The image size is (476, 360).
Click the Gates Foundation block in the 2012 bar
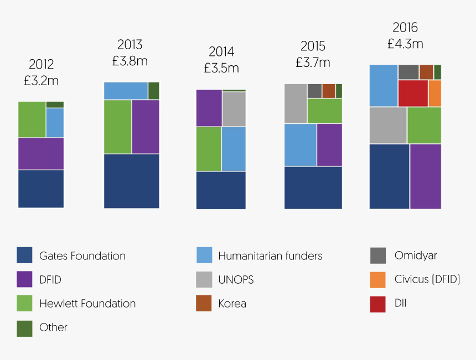tap(41, 189)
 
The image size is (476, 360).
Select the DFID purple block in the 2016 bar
tap(426, 176)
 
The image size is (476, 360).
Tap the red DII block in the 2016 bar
tap(413, 93)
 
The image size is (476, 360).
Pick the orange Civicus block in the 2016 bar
tap(435, 93)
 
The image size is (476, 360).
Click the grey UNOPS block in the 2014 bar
tap(234, 109)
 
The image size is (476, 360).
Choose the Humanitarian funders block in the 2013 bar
tap(126, 91)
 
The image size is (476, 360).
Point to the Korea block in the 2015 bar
tap(329, 91)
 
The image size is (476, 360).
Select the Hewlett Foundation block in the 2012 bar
tap(32, 119)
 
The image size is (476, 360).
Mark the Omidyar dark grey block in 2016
tap(408, 72)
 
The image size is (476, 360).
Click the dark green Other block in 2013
tap(154, 91)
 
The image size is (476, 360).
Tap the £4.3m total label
tap(405, 44)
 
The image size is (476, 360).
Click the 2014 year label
tap(221, 52)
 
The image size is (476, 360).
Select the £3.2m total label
tap(42, 81)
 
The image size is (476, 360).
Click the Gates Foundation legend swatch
tap(24, 255)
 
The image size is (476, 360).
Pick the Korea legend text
tap(232, 304)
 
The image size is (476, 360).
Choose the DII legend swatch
tap(377, 304)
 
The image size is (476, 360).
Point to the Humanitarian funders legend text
tap(270, 255)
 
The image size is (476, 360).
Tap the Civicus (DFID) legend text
tap(427, 279)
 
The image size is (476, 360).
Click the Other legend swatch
tap(24, 327)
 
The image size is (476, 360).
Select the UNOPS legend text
tap(236, 279)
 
